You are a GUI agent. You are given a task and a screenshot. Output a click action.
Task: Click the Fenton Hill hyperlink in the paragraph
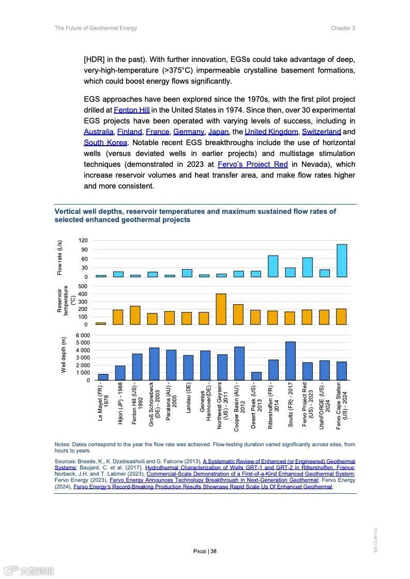coord(131,110)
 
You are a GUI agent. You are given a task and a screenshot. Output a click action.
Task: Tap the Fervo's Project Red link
coord(252,164)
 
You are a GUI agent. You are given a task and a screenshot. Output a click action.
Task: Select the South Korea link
coord(105,143)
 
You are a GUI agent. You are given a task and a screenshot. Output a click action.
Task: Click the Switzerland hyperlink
coord(321,132)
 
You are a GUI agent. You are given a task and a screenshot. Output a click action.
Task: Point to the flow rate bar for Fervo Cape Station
coord(342,260)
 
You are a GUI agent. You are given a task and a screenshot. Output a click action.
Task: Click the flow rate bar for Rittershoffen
coord(273,266)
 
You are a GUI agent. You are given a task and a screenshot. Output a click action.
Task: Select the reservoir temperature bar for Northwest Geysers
coord(221,309)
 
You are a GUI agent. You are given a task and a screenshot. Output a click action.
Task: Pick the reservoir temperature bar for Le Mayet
coord(101,323)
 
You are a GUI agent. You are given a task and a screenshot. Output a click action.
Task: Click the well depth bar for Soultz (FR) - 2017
coord(290,361)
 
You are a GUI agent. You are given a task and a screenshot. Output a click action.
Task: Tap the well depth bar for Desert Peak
coord(256,376)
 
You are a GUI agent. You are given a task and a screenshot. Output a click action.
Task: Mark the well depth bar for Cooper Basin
coord(239,363)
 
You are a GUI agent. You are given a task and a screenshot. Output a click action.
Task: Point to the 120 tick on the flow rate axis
coord(83,241)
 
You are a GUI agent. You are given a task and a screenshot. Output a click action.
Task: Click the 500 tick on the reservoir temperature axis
coord(83,286)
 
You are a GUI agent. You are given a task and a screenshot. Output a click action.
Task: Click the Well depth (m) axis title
coord(64,355)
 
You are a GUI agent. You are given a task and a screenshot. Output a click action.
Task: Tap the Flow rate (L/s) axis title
coord(59,258)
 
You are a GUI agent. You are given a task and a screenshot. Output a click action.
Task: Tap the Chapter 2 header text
coord(343,28)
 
